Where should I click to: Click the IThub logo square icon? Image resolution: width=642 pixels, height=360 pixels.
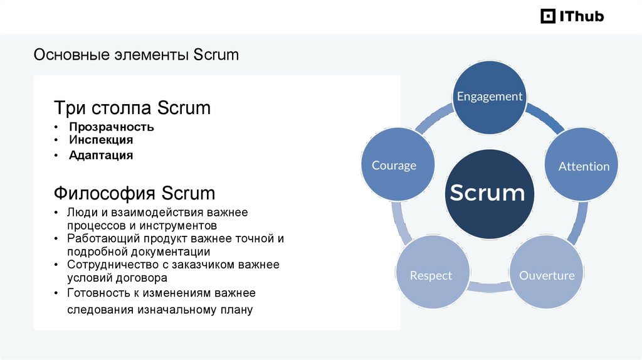pos(548,16)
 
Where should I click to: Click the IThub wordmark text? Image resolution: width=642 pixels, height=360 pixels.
pos(581,16)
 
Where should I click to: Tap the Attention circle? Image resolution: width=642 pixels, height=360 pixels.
pos(584,166)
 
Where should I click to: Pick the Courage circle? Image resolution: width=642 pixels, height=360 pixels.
pos(394,166)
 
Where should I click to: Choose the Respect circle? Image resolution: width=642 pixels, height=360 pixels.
pos(431,275)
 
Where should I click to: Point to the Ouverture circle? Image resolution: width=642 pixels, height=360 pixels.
pos(547,275)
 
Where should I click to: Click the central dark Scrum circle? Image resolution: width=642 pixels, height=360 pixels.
pos(487,193)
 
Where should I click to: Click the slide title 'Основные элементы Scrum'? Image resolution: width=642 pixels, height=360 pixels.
pos(136,55)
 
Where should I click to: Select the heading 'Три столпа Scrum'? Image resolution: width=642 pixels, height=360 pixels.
pos(132,108)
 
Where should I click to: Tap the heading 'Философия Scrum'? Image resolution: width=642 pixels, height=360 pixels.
pos(134,192)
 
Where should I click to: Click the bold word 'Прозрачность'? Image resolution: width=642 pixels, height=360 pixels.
pos(112,127)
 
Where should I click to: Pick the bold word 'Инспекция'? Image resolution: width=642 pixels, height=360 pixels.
pos(102,140)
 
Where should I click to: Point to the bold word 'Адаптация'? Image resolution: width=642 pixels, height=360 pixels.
pos(101,155)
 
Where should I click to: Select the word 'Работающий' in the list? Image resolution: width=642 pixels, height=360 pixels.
pos(98,239)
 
